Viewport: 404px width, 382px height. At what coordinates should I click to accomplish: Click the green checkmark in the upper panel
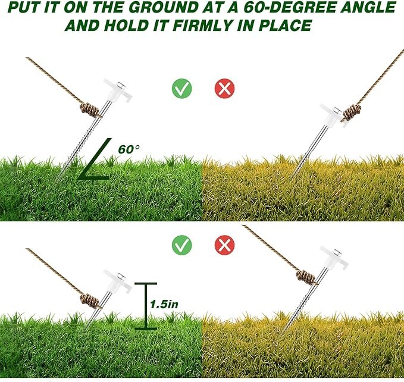181,89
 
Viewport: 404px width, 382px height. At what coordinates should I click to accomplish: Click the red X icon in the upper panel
224,89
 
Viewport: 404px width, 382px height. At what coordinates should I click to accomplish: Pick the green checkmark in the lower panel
181,244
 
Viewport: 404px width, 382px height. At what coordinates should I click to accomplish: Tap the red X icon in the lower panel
224,244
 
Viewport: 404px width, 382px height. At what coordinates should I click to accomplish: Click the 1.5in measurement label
164,303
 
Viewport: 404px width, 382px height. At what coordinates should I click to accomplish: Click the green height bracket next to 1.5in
142,305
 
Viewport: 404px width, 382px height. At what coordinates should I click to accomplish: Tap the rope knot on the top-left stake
90,110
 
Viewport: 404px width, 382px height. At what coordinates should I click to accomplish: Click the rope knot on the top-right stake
352,111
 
